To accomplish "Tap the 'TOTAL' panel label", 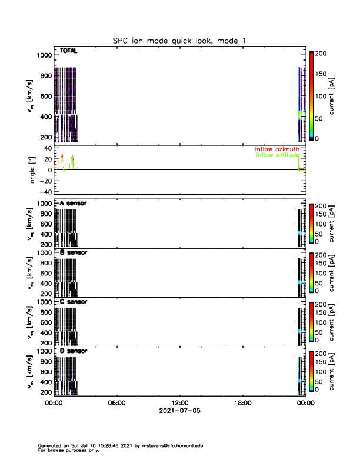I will (69, 51).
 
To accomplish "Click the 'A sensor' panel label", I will (74, 204).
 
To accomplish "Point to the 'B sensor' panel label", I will (74, 252).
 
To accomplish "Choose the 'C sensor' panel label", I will (74, 301).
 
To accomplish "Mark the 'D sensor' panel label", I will (74, 351).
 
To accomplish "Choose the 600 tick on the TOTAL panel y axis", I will (45, 96).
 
